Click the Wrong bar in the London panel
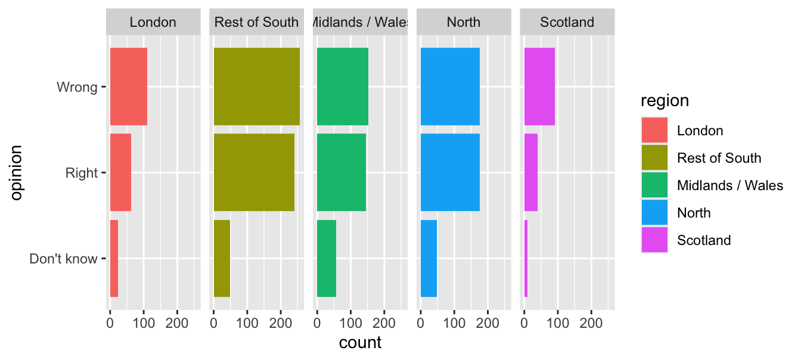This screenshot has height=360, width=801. [128, 86]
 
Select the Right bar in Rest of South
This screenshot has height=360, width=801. [254, 172]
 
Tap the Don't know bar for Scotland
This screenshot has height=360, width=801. [526, 258]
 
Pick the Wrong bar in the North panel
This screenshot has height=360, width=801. [450, 86]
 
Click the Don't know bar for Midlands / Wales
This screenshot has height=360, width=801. [327, 258]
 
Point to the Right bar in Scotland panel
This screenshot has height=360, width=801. [531, 172]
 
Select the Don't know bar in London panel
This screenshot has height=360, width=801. [114, 258]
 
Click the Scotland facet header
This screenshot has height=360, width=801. [567, 23]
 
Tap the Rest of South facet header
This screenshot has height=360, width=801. [256, 23]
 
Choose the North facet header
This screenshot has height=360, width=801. [463, 23]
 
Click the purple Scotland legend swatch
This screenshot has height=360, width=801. [654, 240]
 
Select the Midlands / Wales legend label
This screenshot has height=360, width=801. [730, 185]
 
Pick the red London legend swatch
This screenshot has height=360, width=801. [654, 131]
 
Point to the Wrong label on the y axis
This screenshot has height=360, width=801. [77, 87]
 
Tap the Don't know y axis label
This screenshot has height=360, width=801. [63, 259]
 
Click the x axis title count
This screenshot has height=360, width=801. [360, 343]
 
